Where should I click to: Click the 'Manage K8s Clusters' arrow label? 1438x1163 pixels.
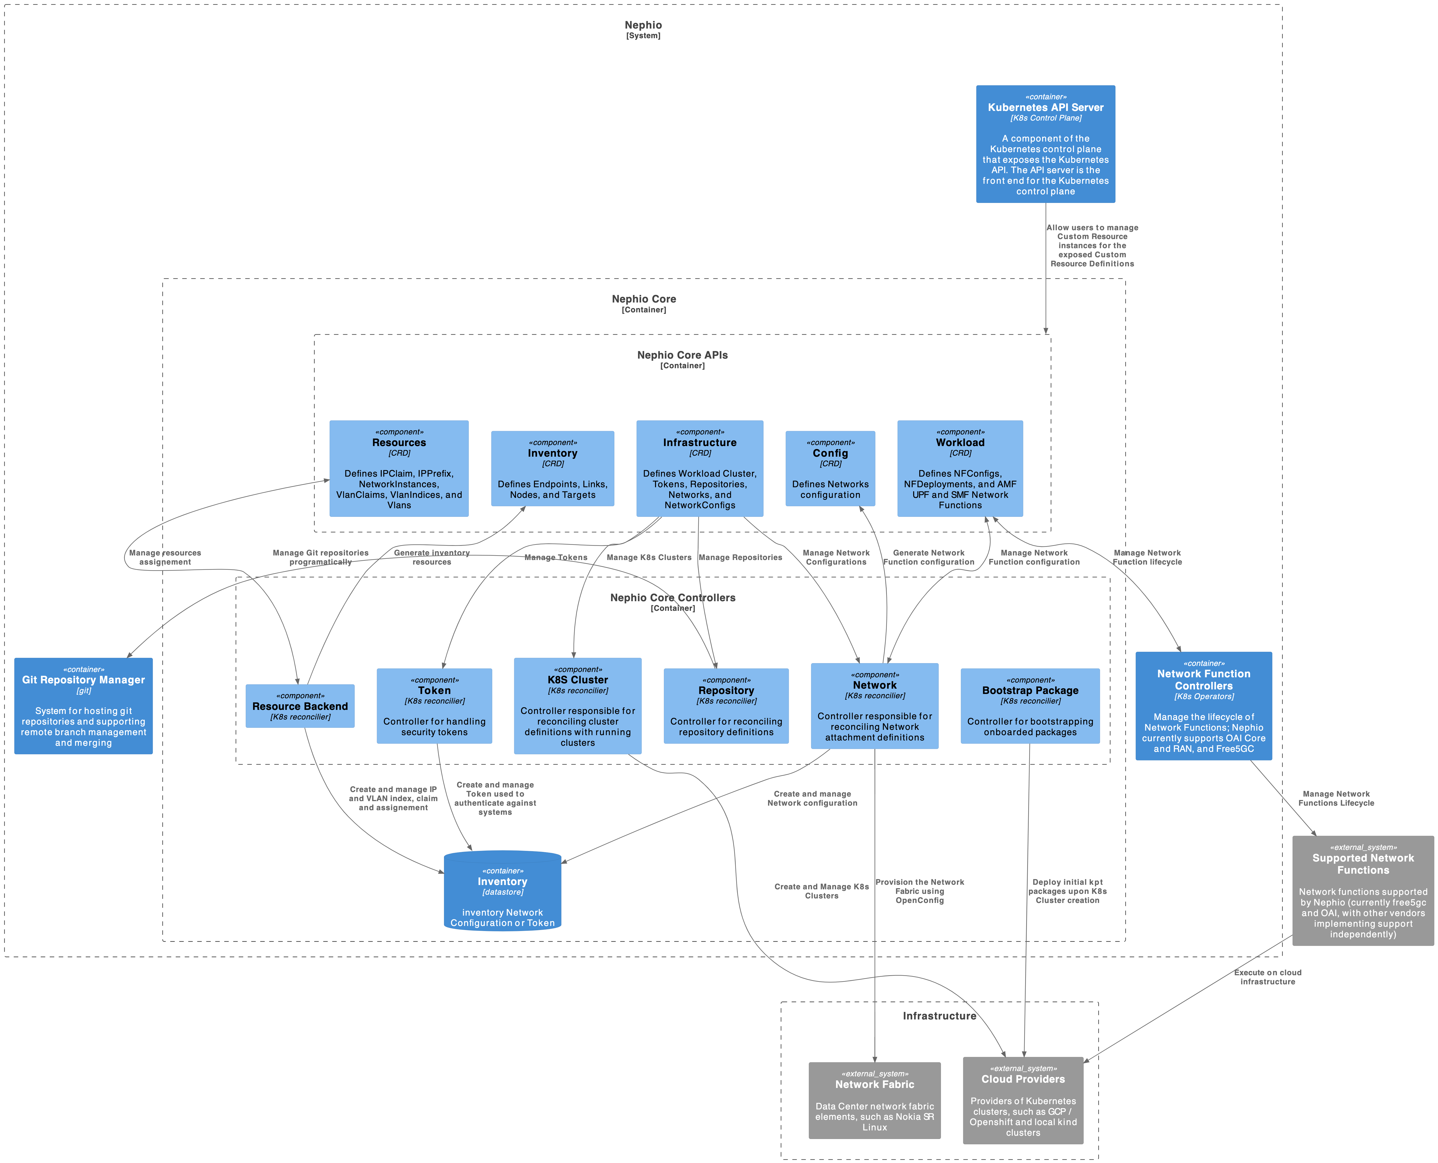649,557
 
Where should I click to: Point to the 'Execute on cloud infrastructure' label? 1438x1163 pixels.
1267,977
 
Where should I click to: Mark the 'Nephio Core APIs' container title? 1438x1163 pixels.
682,355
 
